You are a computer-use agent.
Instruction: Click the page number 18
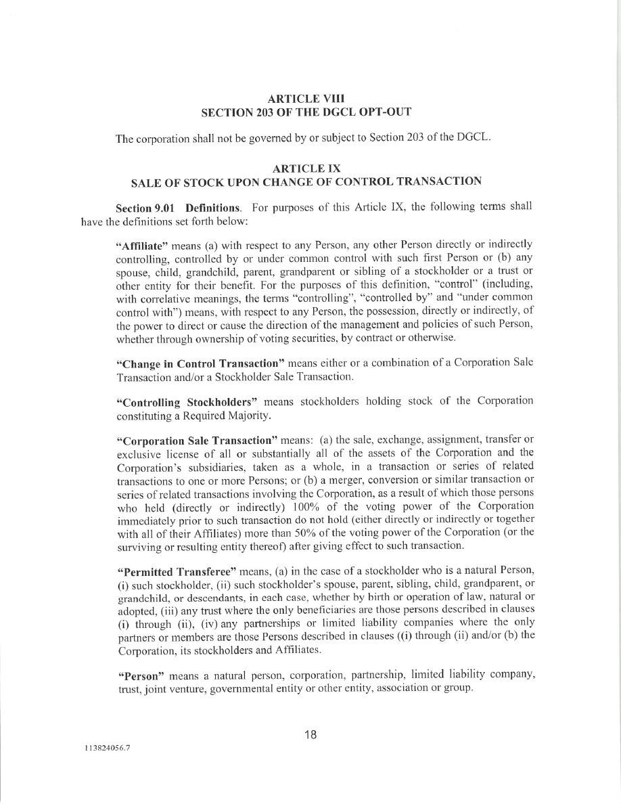(x=310, y=734)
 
